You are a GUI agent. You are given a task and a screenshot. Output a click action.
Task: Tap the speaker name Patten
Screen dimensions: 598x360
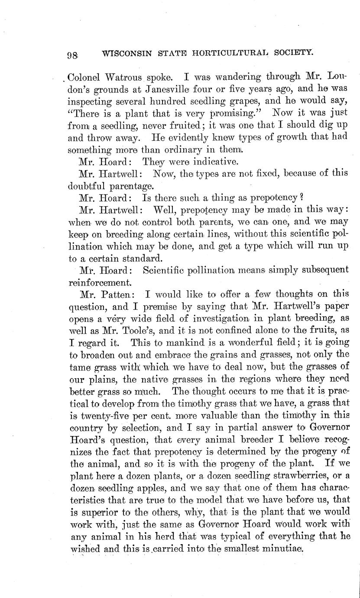(122, 295)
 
